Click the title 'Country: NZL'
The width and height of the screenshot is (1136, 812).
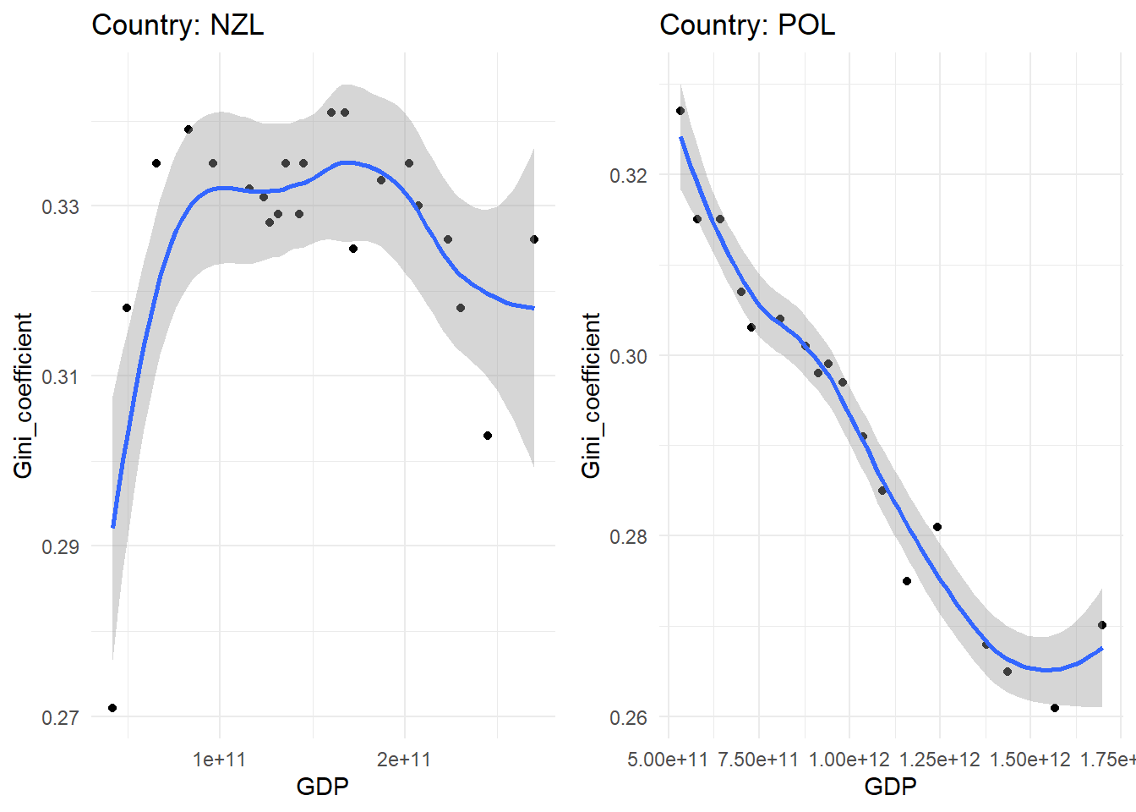(177, 25)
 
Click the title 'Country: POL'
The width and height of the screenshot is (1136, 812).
(746, 25)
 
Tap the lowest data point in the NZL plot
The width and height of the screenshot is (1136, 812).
(112, 708)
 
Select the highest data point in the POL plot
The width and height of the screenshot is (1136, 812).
(680, 111)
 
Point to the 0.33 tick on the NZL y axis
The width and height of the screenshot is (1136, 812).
(60, 206)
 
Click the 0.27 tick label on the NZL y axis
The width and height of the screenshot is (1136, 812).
(60, 717)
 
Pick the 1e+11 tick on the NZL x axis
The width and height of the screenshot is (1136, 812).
(220, 760)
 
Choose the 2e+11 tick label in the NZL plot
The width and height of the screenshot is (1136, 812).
(404, 760)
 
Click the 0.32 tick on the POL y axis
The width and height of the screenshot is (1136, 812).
(628, 175)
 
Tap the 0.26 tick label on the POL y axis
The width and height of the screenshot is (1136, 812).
(628, 717)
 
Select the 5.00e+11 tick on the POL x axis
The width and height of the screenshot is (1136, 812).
(668, 760)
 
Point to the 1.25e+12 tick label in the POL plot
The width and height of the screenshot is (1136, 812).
(939, 760)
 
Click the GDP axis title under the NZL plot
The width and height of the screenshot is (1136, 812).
(322, 787)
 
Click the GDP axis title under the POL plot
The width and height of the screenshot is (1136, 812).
(890, 787)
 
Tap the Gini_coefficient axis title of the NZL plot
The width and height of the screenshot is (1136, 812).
(23, 395)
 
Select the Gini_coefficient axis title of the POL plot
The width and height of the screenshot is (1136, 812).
(591, 395)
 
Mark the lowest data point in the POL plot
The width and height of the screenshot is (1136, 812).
(1055, 708)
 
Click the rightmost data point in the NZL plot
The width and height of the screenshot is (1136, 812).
(534, 239)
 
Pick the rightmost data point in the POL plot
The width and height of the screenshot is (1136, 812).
(1102, 625)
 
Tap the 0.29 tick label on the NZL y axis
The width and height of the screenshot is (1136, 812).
(60, 546)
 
